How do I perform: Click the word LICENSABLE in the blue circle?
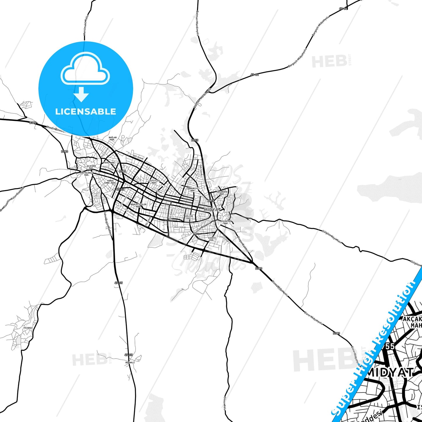[x=86, y=112]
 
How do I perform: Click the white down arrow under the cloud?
[x=81, y=94]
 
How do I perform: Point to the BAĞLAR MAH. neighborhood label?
[x=113, y=138]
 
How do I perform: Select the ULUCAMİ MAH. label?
[x=91, y=167]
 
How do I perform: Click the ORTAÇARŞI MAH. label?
[x=87, y=174]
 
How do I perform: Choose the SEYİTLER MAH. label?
[x=154, y=182]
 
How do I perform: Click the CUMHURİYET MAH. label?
[x=193, y=190]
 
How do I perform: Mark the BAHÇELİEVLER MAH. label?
[x=138, y=206]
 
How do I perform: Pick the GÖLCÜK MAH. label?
[x=189, y=217]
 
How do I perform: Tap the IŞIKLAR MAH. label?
[x=226, y=222]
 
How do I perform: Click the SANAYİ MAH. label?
[x=212, y=239]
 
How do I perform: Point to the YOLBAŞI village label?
[x=28, y=328]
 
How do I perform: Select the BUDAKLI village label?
[x=130, y=362]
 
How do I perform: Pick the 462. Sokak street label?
[x=180, y=227]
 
